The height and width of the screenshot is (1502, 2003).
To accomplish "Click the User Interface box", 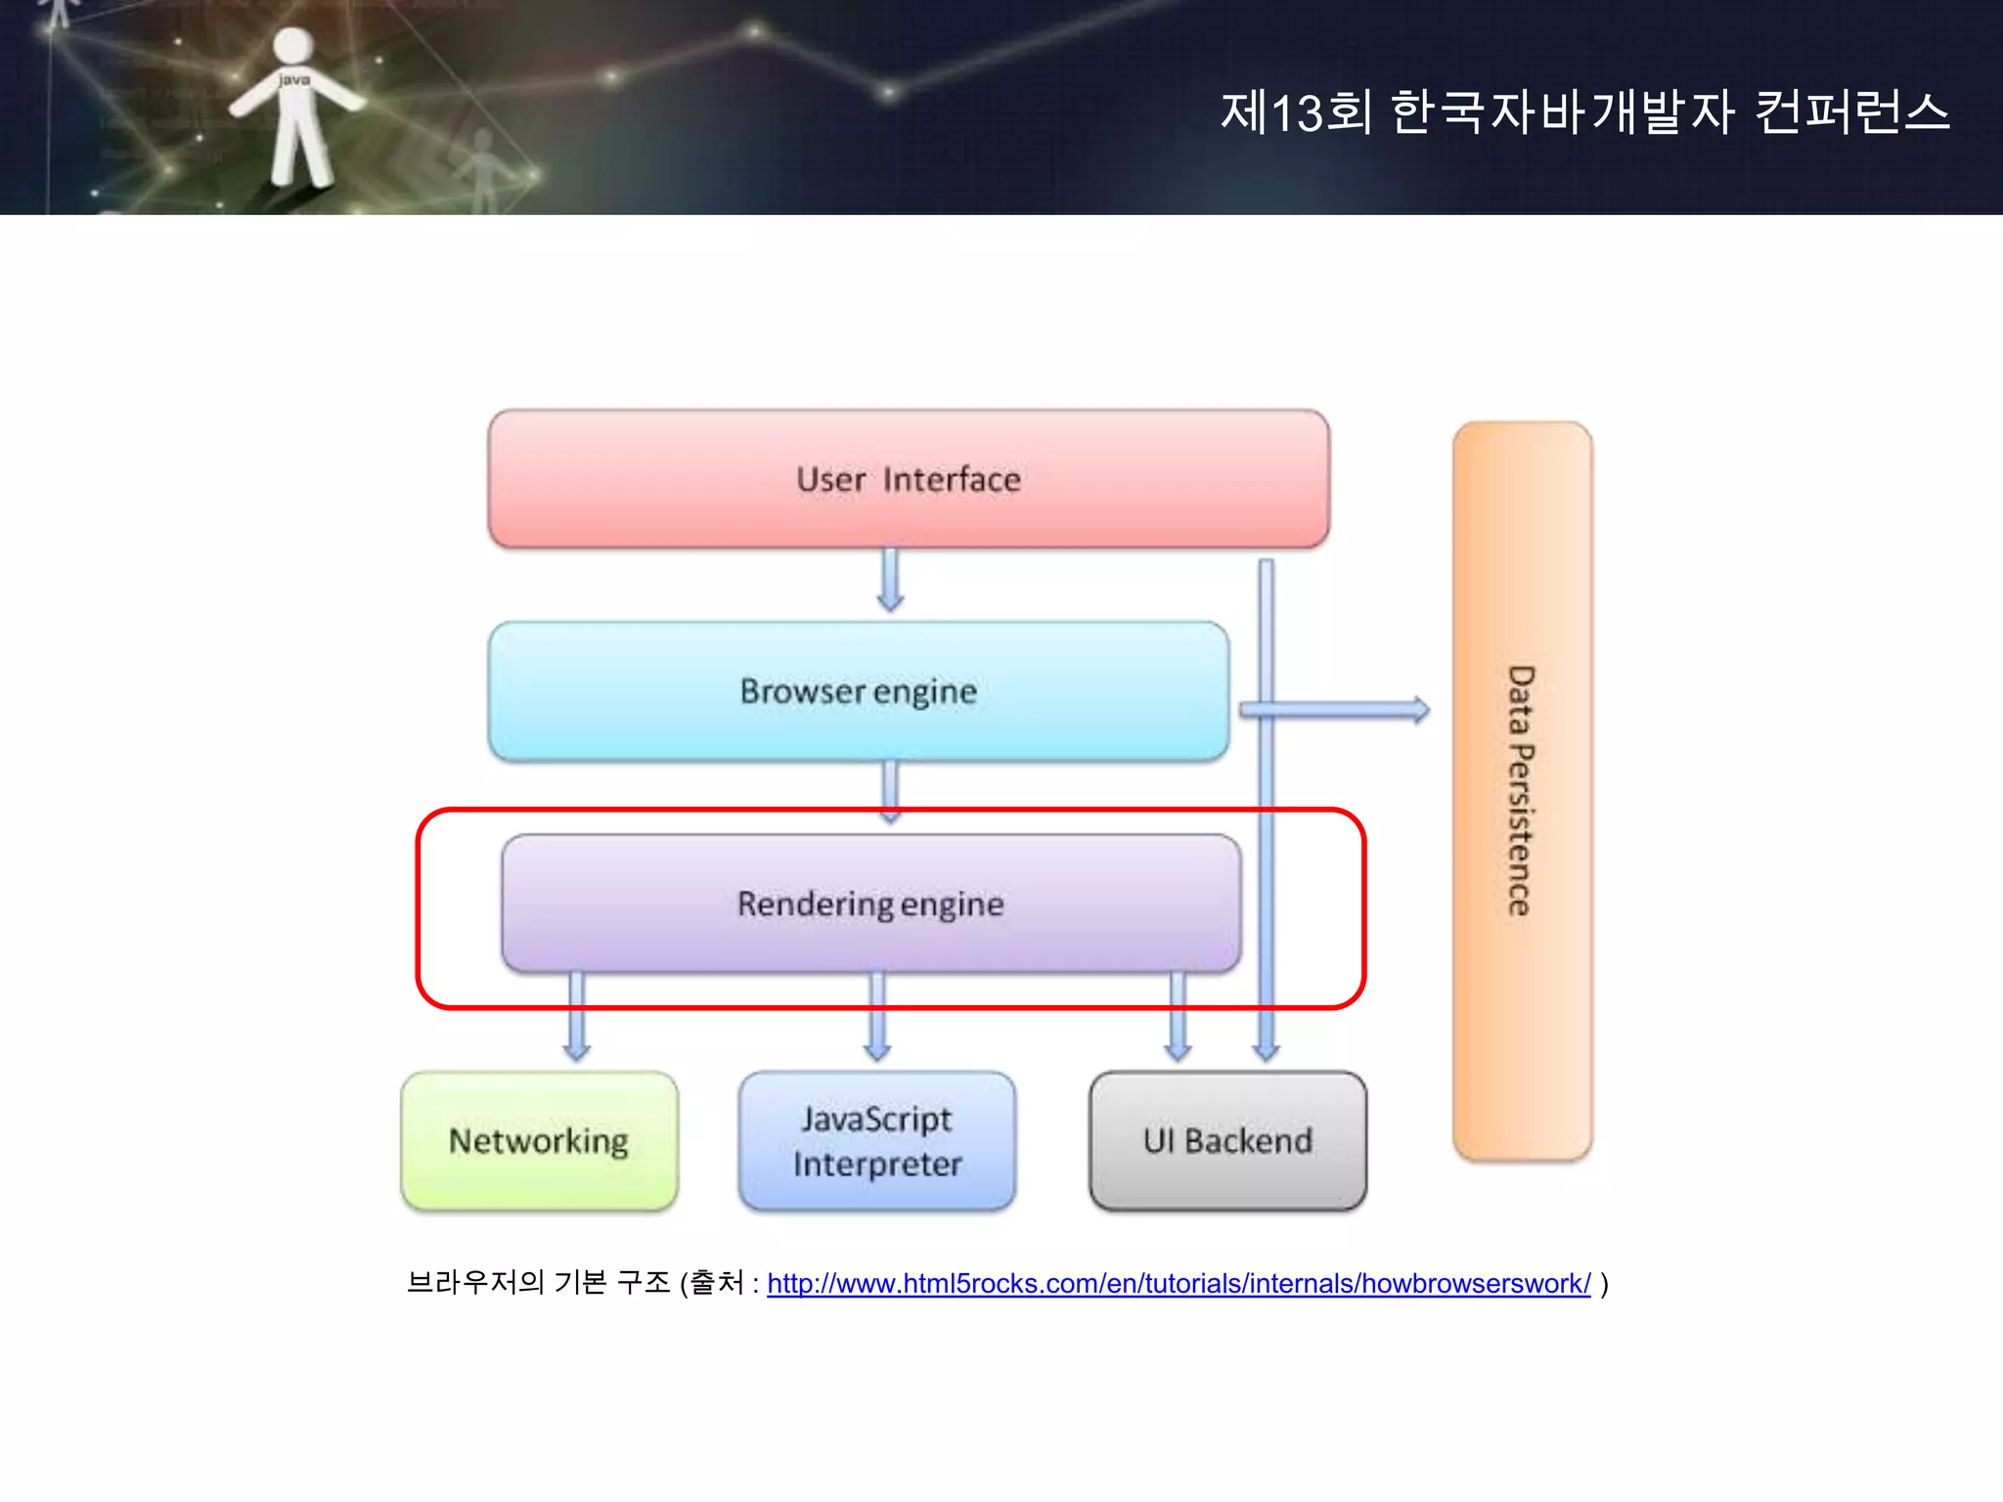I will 908,479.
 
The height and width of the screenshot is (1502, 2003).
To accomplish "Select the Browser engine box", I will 858,691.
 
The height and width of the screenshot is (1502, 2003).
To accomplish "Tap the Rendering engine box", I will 870,904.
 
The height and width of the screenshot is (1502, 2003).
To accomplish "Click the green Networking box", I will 539,1141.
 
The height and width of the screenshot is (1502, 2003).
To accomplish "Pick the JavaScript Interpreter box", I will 877,1141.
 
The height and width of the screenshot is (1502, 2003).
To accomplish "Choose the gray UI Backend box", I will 1227,1141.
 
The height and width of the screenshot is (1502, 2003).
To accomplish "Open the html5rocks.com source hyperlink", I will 1179,1283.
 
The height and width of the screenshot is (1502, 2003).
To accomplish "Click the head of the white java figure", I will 292,46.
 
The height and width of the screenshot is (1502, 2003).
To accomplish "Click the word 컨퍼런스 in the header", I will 1851,112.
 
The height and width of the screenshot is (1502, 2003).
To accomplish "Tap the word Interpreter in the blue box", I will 877,1165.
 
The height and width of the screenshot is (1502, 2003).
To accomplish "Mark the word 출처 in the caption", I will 717,1282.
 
